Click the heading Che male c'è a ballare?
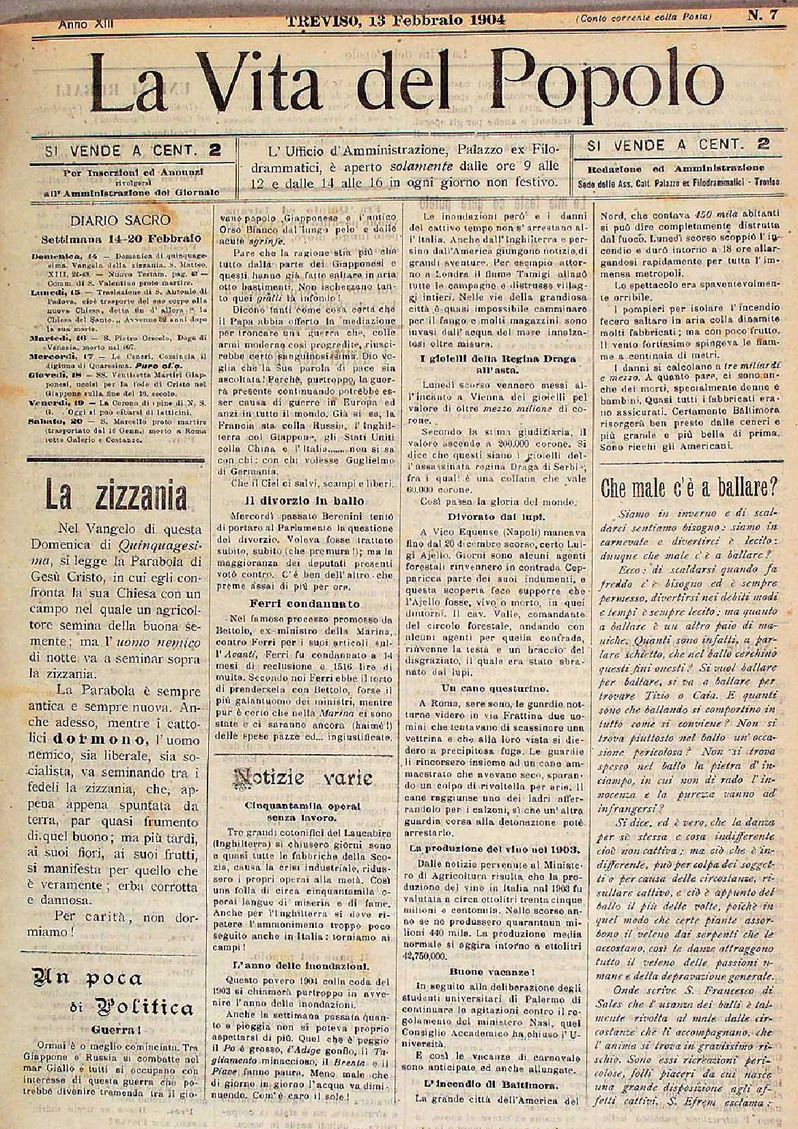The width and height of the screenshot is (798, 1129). tap(689, 488)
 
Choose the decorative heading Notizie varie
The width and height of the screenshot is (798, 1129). tap(303, 777)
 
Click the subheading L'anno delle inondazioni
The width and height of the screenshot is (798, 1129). tap(303, 965)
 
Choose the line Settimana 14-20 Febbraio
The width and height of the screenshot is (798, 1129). tap(119, 238)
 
